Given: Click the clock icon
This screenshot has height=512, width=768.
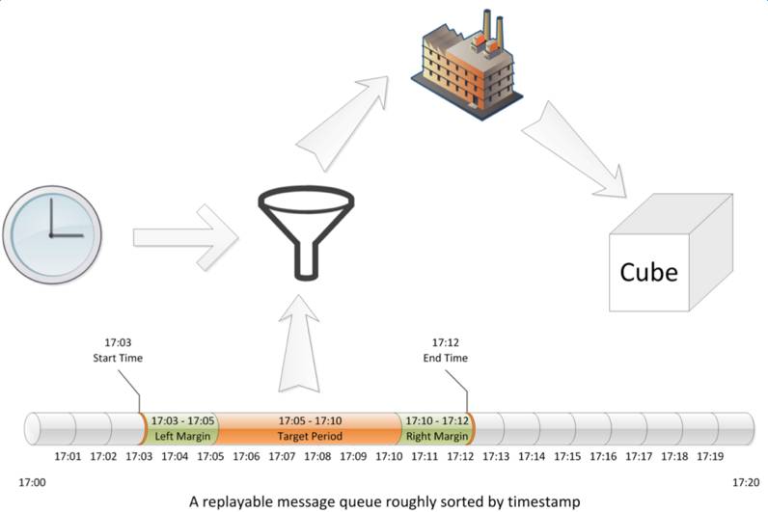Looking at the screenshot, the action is pyautogui.click(x=52, y=234).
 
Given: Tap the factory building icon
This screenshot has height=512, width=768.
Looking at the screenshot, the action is pyautogui.click(x=466, y=65).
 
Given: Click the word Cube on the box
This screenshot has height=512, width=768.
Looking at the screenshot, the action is pyautogui.click(x=648, y=272).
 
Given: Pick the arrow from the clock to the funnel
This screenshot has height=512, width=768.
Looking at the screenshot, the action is pyautogui.click(x=185, y=237).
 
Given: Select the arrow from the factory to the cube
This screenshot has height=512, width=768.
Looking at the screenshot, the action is pyautogui.click(x=574, y=149).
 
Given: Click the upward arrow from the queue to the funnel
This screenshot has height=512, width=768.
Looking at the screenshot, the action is pyautogui.click(x=299, y=343).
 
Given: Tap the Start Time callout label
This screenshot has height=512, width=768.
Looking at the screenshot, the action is pyautogui.click(x=118, y=350).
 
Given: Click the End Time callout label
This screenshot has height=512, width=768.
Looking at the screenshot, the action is pyautogui.click(x=445, y=350).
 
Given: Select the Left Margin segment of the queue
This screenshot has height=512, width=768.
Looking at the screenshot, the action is pyautogui.click(x=181, y=428).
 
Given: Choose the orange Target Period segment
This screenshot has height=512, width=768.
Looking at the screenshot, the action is pyautogui.click(x=310, y=428).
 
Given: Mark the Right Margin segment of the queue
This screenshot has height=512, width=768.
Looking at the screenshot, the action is pyautogui.click(x=436, y=428).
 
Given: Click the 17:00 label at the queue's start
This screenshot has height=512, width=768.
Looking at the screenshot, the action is pyautogui.click(x=32, y=483).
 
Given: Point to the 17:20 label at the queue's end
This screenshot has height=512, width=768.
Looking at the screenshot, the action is pyautogui.click(x=746, y=483).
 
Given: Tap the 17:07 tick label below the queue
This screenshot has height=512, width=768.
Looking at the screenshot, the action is pyautogui.click(x=282, y=456).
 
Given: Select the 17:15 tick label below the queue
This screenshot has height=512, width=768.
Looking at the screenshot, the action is pyautogui.click(x=567, y=456).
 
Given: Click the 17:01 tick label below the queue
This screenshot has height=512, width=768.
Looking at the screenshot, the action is pyautogui.click(x=68, y=456).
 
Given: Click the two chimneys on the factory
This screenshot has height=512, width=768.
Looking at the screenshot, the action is pyautogui.click(x=493, y=28).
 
